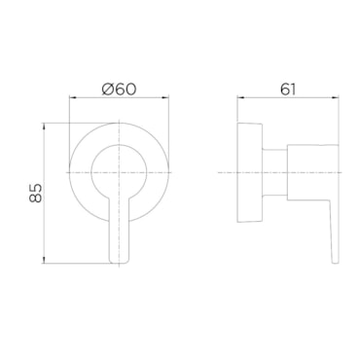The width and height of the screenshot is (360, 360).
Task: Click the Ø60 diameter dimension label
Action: (x=119, y=90)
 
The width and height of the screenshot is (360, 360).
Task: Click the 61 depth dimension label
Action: (x=288, y=90)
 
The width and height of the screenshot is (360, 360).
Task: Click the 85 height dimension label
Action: (x=36, y=193)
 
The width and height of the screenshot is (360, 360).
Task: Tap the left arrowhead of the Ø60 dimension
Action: (x=72, y=97)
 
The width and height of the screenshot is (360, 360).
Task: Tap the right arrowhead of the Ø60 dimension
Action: (x=166, y=97)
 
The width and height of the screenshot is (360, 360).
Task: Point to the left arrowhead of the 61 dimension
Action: (x=240, y=97)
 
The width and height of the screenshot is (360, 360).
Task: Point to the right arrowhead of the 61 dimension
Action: (x=335, y=97)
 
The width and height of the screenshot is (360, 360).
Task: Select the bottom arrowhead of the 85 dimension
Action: (x=44, y=260)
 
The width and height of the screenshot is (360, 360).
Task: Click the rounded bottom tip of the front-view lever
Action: (x=120, y=261)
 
